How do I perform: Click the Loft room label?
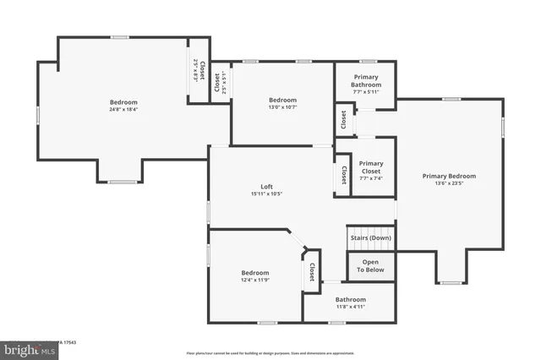point(265,187)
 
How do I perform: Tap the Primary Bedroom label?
point(449,176)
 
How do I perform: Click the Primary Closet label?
point(371,167)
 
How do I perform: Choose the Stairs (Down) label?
point(370,237)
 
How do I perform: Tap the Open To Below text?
point(371,265)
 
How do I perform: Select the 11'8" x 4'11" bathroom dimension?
point(350,307)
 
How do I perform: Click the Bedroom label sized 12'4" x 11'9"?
point(254,272)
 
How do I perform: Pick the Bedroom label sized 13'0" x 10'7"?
point(282,101)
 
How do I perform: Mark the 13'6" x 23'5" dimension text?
point(449,183)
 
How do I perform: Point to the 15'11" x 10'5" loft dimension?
point(265,194)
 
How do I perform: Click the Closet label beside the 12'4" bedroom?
point(311,272)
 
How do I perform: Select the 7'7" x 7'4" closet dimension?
point(371,178)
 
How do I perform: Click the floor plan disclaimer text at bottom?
point(270,352)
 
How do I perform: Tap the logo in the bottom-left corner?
point(25,347)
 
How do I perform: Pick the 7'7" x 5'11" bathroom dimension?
point(365,91)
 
